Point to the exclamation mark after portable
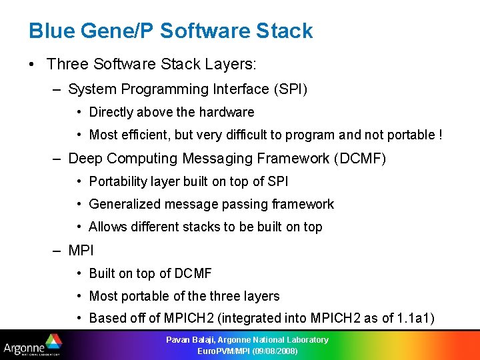pyautogui.click(x=440, y=135)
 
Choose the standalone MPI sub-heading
pyautogui.click(x=81, y=251)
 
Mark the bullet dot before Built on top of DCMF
pyautogui.click(x=79, y=274)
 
